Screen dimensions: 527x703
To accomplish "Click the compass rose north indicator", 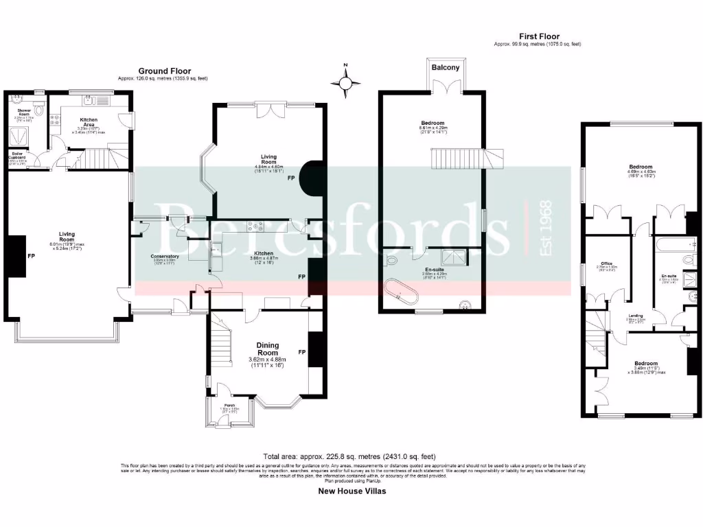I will click(346, 82).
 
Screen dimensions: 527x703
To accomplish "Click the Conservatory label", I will click(165, 258).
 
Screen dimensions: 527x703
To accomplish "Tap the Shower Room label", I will click(25, 112).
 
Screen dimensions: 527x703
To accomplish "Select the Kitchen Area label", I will click(82, 122).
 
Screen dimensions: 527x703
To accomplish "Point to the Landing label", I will click(634, 317).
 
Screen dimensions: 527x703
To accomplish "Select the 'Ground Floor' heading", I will click(165, 71).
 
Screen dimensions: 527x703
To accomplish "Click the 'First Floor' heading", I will click(538, 36).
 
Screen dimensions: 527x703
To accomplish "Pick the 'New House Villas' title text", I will click(351, 491).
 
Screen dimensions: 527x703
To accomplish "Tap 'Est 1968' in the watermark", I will click(546, 229).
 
